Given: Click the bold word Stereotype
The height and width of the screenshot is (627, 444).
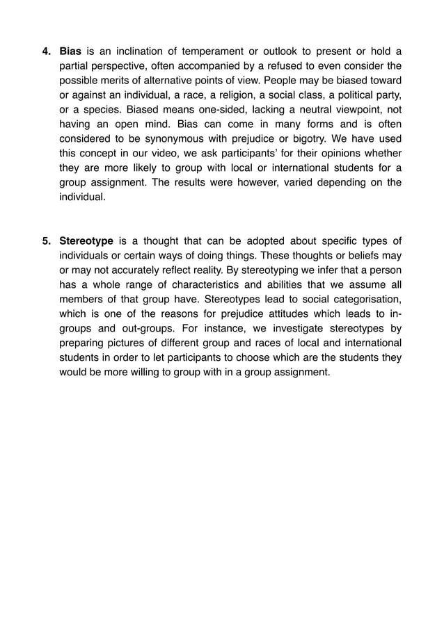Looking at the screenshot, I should pos(86,241).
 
